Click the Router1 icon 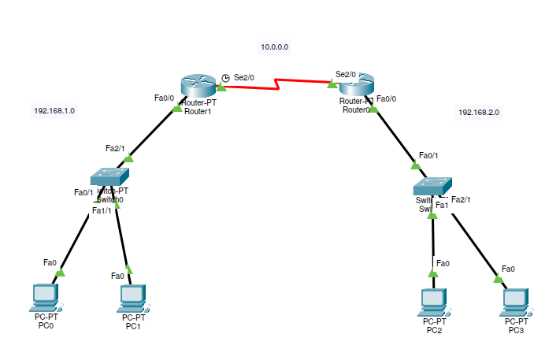click(x=198, y=85)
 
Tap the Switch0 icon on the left click(x=109, y=177)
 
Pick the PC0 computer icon click(x=46, y=297)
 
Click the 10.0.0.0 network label click(x=273, y=47)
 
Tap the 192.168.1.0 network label click(x=54, y=110)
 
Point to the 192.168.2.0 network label click(x=479, y=112)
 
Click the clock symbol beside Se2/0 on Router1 click(x=225, y=77)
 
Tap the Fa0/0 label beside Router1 click(x=164, y=98)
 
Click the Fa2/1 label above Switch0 click(x=115, y=147)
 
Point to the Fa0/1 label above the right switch click(x=429, y=155)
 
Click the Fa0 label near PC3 click(x=508, y=269)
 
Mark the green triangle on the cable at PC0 click(x=60, y=272)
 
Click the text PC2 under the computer click(x=434, y=330)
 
